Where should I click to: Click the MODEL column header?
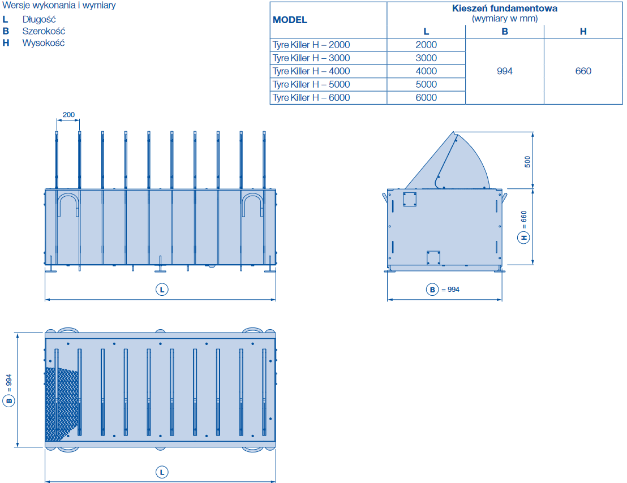(x=290, y=20)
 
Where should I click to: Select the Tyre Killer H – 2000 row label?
(x=311, y=45)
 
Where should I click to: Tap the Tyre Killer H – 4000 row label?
(x=311, y=71)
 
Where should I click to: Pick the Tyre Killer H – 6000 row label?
(x=311, y=97)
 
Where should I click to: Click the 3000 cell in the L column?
(x=426, y=58)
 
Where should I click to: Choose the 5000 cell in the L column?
(x=426, y=84)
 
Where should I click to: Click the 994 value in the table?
(x=505, y=71)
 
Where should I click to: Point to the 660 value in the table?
(x=583, y=71)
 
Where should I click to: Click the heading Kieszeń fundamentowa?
(x=505, y=8)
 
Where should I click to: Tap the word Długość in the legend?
(x=39, y=20)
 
